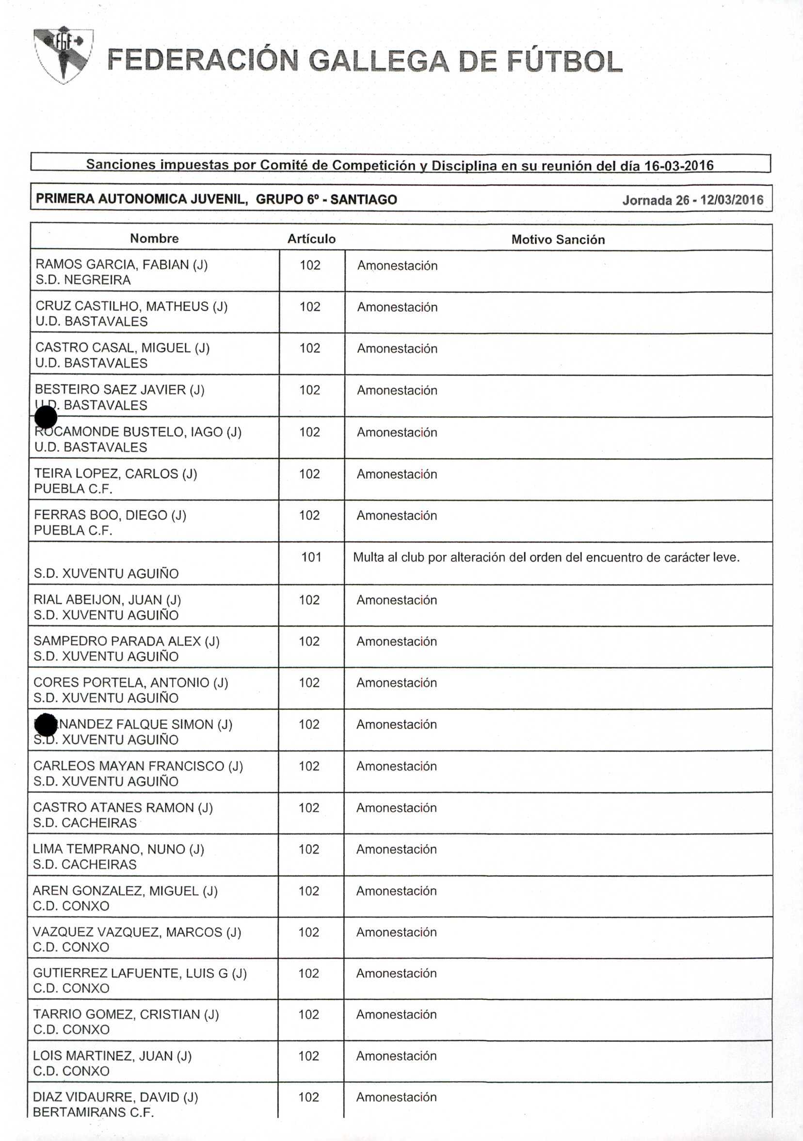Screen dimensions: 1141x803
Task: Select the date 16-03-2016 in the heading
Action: click(679, 165)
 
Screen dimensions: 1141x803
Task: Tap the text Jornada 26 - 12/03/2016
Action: click(693, 200)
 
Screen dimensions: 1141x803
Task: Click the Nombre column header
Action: click(154, 239)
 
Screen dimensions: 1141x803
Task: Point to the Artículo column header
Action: click(312, 239)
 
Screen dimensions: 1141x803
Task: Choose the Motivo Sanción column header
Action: click(558, 240)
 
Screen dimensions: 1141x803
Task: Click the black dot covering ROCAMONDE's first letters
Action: click(46, 417)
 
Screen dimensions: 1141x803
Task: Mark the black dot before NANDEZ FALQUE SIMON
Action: click(46, 724)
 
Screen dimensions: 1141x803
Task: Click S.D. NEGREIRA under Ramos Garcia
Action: click(83, 280)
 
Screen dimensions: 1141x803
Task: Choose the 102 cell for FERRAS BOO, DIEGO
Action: click(309, 515)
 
